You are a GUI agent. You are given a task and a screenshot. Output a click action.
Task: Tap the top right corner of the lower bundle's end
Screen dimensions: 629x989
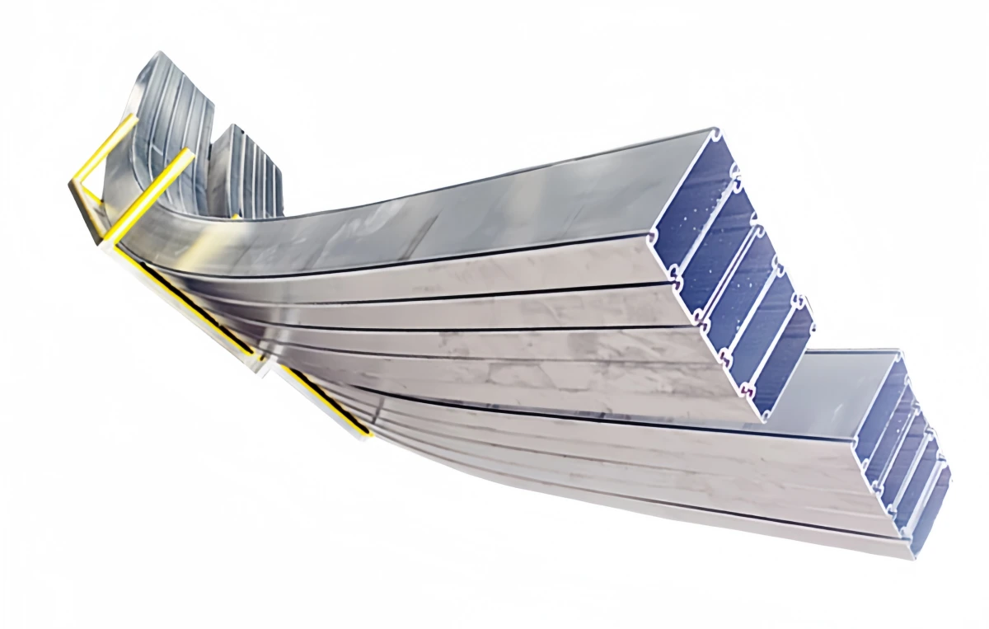pos(898,353)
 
